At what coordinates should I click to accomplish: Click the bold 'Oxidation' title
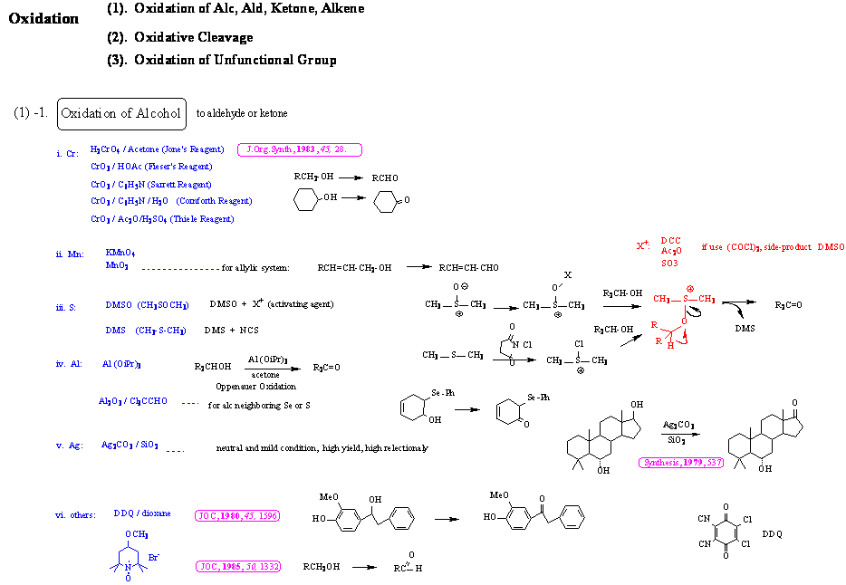[43, 18]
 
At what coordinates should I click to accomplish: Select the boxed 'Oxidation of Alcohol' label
[121, 114]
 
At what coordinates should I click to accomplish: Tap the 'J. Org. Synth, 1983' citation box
[298, 149]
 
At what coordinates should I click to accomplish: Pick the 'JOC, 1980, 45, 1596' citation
[237, 515]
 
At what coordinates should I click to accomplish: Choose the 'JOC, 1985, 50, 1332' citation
[238, 567]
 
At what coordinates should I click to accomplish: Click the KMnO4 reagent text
[120, 253]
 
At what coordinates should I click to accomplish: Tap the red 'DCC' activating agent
[671, 241]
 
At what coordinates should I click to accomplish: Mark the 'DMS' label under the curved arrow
[745, 329]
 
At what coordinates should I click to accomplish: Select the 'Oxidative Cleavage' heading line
[192, 37]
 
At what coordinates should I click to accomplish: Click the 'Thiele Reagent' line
[162, 219]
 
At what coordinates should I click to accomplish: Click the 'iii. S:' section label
[66, 307]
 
